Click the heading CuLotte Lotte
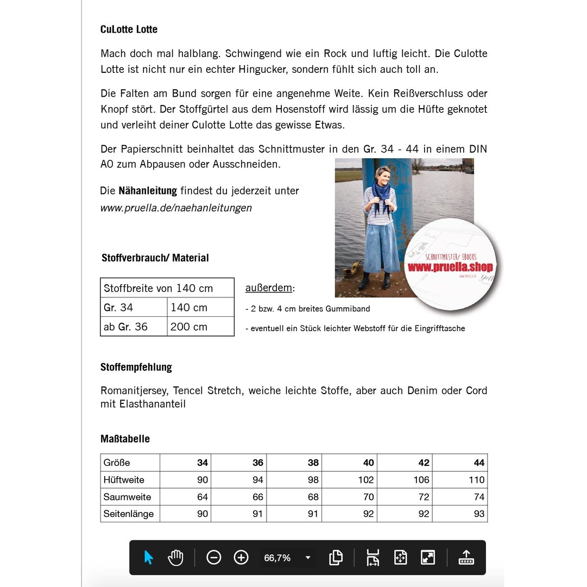(x=129, y=29)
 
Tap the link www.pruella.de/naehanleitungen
(x=176, y=208)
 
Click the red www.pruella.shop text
(x=450, y=267)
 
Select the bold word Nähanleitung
(x=148, y=191)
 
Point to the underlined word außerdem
(x=268, y=288)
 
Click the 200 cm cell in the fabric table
(x=189, y=327)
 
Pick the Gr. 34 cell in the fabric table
(x=119, y=308)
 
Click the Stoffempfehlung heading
(x=136, y=367)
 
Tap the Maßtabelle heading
(x=125, y=439)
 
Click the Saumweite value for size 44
(x=478, y=497)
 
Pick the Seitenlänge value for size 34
(x=202, y=514)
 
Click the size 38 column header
(x=313, y=463)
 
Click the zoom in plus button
(x=241, y=557)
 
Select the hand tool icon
(x=175, y=557)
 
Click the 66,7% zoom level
(x=277, y=558)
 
